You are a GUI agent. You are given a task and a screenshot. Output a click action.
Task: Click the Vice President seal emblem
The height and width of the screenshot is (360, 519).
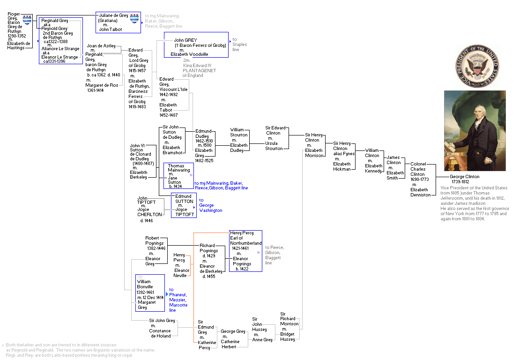475,66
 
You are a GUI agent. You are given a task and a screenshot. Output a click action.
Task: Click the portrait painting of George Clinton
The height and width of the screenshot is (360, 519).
475,131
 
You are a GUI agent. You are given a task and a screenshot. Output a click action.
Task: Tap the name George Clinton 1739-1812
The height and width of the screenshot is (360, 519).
465,179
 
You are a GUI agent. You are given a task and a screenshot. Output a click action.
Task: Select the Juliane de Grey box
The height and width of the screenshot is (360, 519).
118,22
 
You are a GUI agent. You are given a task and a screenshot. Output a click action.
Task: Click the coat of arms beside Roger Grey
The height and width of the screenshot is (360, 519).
27,20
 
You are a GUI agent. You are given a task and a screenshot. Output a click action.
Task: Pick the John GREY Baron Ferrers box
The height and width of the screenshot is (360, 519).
196,45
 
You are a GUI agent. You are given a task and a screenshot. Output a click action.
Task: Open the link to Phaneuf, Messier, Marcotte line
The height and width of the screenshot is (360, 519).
178,300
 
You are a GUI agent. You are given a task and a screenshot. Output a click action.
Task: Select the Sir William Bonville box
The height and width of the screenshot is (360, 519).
150,292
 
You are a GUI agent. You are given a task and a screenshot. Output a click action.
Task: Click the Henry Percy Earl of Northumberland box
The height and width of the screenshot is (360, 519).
245,250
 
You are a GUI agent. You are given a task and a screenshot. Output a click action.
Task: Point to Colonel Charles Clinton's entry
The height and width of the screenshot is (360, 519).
420,179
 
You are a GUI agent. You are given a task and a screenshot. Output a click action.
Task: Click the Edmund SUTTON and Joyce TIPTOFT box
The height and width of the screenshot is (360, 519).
184,205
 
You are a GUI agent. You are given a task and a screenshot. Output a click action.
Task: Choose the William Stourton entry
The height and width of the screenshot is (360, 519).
239,140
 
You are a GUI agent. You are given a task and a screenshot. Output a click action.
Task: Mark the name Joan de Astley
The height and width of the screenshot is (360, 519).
101,46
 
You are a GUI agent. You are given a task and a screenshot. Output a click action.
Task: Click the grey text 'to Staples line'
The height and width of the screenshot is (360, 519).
239,45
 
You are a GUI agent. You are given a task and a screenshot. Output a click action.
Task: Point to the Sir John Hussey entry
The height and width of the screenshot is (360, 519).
259,330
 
